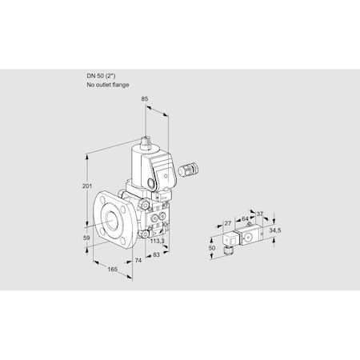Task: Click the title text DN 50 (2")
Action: (x=103, y=76)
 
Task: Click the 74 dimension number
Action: (x=137, y=262)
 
